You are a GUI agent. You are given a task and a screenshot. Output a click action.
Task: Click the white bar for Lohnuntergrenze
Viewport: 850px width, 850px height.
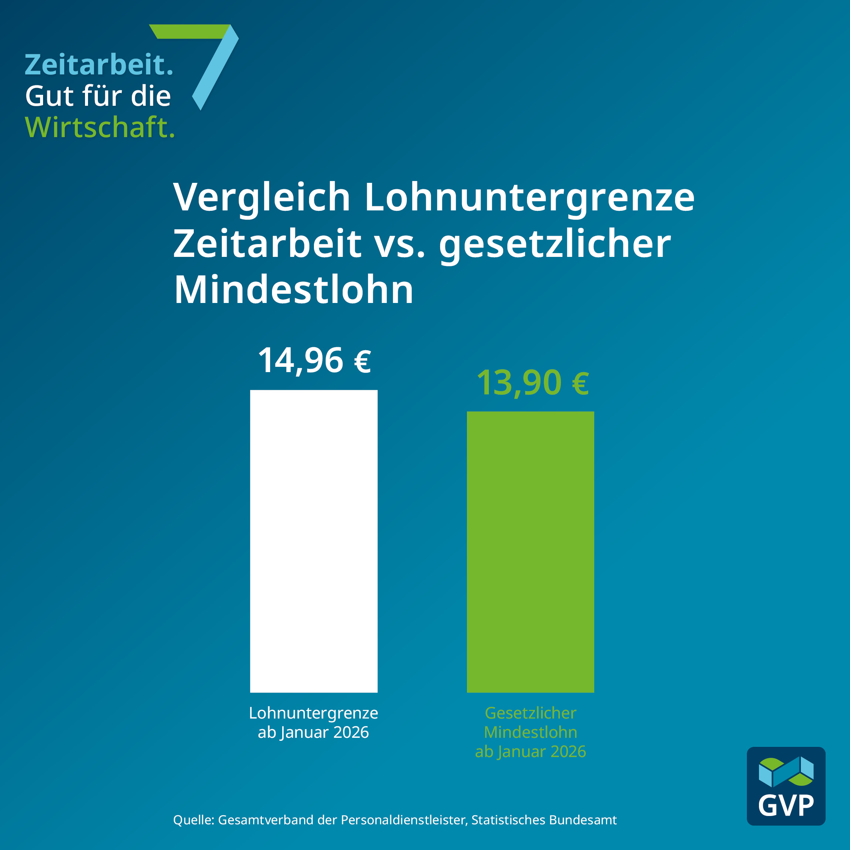click(314, 541)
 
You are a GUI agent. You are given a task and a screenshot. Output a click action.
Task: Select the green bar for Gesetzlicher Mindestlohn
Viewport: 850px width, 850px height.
click(530, 552)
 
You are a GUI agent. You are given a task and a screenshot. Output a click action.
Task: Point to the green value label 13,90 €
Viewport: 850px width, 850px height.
click(532, 383)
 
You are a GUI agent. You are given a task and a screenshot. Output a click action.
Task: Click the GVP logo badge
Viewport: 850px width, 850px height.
click(786, 786)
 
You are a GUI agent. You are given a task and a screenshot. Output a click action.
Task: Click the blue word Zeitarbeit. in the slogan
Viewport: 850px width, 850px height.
click(99, 65)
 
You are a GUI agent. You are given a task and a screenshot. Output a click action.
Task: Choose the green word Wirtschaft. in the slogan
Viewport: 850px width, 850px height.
click(100, 128)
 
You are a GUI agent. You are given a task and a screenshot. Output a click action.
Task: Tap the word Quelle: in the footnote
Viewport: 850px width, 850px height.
click(193, 820)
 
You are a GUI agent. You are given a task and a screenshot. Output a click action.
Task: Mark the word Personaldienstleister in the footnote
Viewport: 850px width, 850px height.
click(403, 820)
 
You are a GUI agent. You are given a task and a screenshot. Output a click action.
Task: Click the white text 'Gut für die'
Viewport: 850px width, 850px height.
click(98, 96)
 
